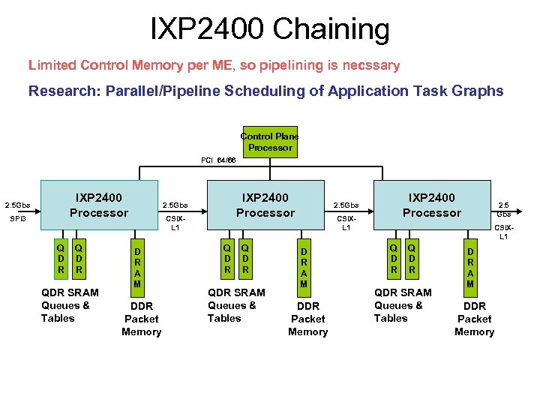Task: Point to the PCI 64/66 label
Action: [x=218, y=160]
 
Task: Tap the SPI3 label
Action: [x=17, y=219]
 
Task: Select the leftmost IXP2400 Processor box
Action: [x=99, y=205]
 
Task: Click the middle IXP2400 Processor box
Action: [x=265, y=205]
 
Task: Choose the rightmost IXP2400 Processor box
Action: [x=432, y=205]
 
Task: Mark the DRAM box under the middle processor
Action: [x=304, y=266]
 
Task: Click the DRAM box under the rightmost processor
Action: [x=470, y=266]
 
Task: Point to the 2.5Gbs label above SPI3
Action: [x=18, y=205]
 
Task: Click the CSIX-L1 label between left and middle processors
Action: [x=175, y=223]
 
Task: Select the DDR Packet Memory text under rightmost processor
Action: [x=474, y=319]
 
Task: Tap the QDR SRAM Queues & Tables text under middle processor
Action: [x=236, y=305]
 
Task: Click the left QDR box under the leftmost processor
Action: [x=61, y=257]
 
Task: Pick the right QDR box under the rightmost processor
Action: [x=412, y=257]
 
